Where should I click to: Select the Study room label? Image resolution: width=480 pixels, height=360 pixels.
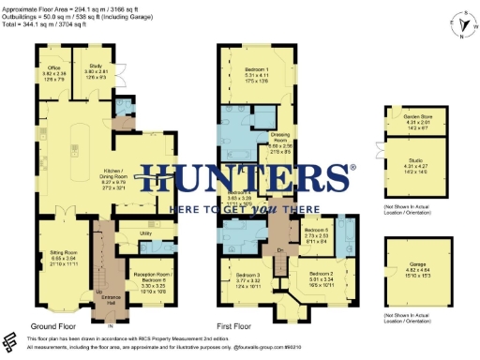coord(97,68)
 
